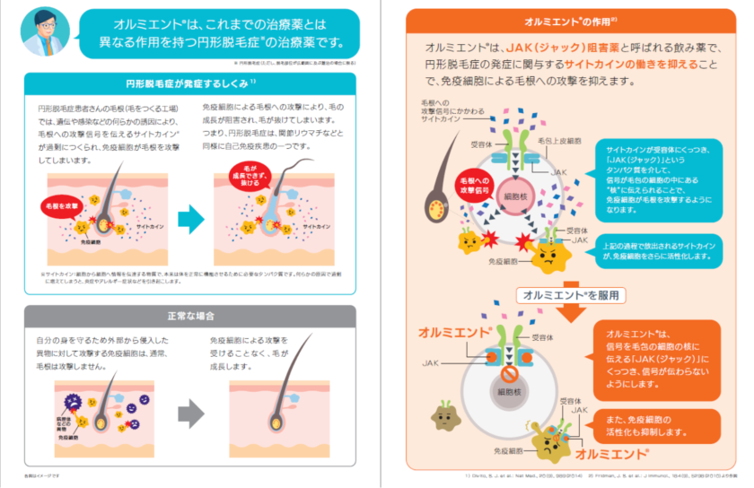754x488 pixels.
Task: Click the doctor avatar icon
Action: point(45,33)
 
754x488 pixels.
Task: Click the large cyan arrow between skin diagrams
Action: point(190,219)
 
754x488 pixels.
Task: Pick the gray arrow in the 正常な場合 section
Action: point(190,413)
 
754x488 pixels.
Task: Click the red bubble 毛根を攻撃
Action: point(61,205)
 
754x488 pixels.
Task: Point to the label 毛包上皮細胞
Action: point(566,142)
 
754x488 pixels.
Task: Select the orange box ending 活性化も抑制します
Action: point(659,426)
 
